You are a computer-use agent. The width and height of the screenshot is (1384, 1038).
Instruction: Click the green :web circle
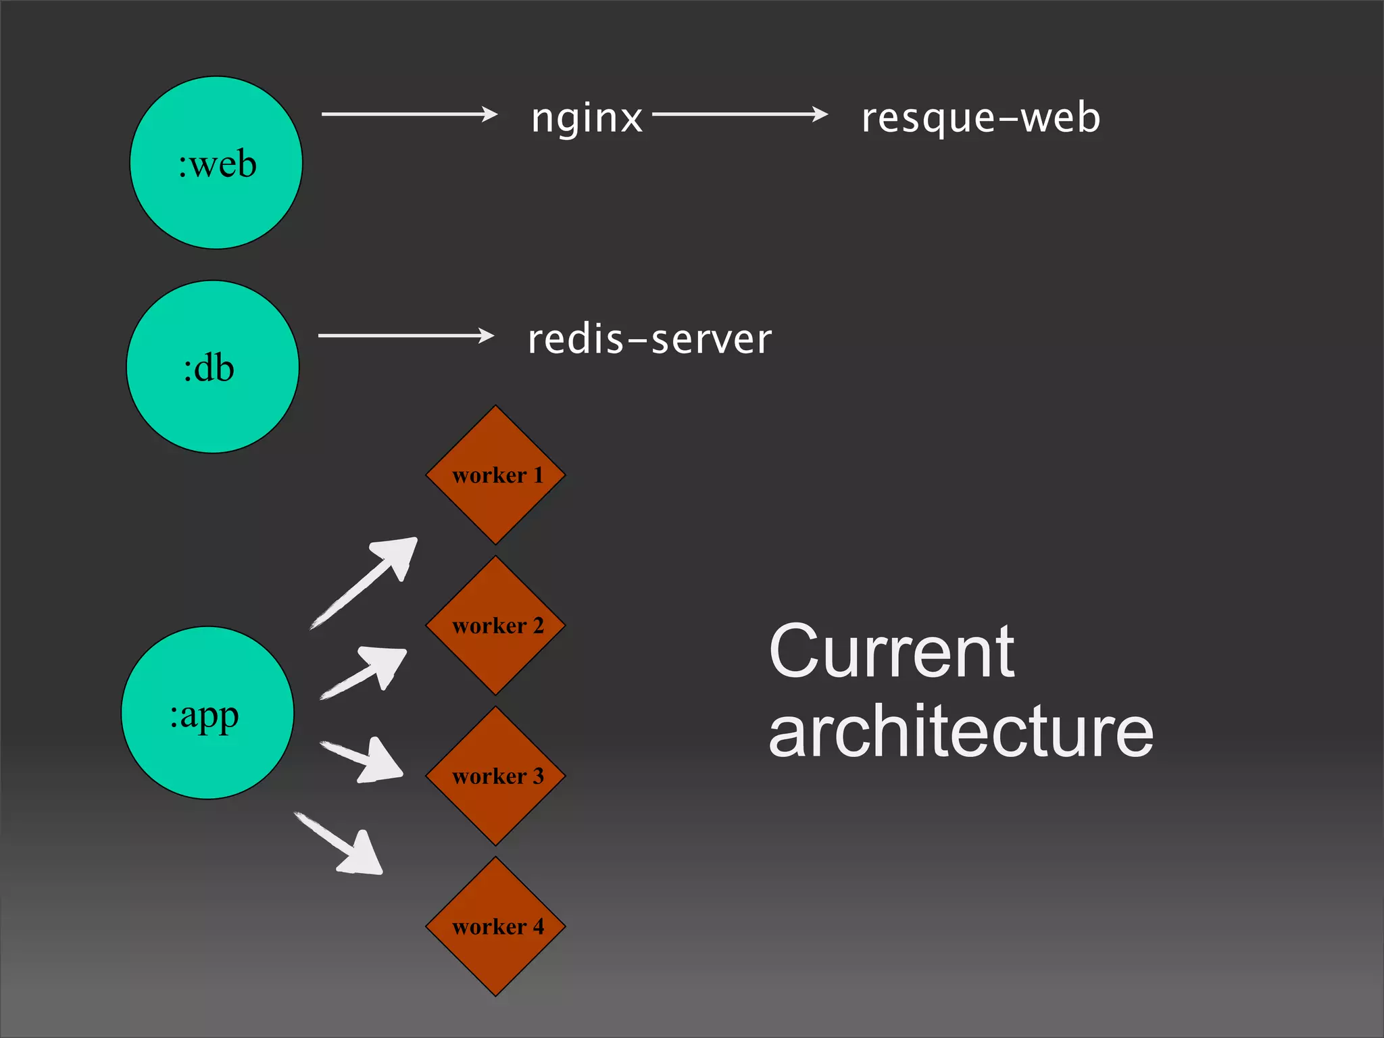tap(216, 163)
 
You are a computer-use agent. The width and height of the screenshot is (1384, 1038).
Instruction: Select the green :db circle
tap(213, 367)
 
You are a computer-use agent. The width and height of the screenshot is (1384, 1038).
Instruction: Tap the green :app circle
tap(207, 713)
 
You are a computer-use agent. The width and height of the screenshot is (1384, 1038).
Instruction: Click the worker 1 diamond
tap(495, 475)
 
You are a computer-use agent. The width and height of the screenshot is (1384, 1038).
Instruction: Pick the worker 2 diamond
tap(495, 626)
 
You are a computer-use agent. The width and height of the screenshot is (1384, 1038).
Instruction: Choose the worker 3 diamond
tap(495, 776)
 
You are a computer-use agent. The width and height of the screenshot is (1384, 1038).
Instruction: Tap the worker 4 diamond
tap(495, 926)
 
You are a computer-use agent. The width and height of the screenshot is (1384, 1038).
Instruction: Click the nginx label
tap(587, 118)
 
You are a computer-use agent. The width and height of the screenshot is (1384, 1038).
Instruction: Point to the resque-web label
tap(981, 118)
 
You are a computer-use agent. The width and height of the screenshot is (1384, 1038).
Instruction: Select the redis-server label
tap(649, 339)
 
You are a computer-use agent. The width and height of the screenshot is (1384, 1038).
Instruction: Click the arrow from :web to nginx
tap(409, 114)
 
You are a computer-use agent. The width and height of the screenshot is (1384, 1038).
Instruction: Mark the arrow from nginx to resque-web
tap(739, 114)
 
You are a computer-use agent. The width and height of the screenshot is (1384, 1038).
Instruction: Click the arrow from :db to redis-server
tap(405, 335)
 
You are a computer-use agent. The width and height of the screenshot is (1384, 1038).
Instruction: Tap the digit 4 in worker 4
tap(539, 926)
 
